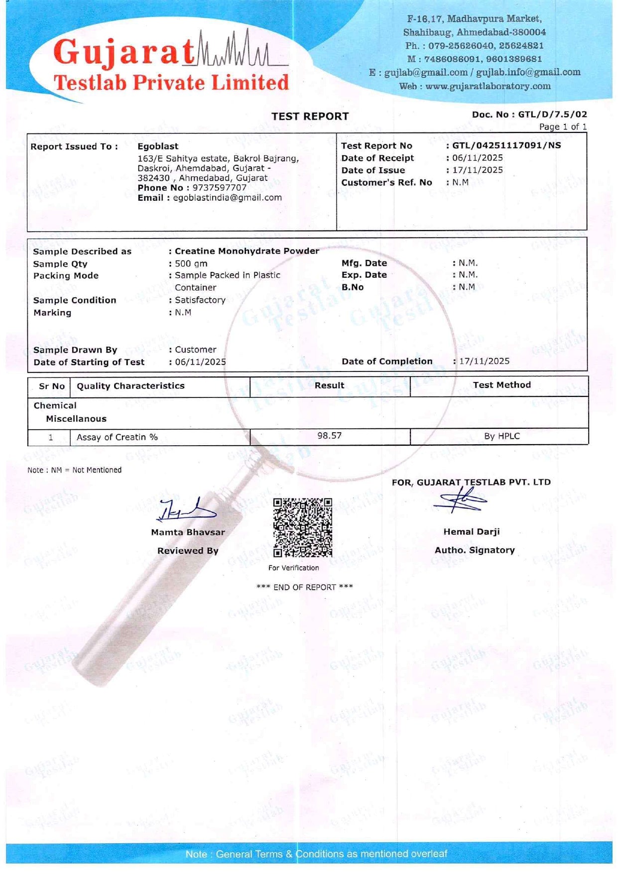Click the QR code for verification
[302, 527]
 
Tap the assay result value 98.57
[330, 436]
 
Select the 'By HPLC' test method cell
[501, 436]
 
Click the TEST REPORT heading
[310, 117]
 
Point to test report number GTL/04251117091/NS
[506, 145]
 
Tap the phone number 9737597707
[220, 188]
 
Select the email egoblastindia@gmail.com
[227, 198]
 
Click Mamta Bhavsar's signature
[187, 509]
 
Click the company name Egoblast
[158, 146]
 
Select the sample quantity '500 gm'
[191, 264]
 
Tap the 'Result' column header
[329, 385]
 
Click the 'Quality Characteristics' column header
[130, 386]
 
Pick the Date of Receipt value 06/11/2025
[478, 158]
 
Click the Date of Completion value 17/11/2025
[484, 361]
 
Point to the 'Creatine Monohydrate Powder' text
[247, 251]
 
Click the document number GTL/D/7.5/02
[552, 115]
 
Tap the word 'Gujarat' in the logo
[124, 52]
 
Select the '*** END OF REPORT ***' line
[304, 587]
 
